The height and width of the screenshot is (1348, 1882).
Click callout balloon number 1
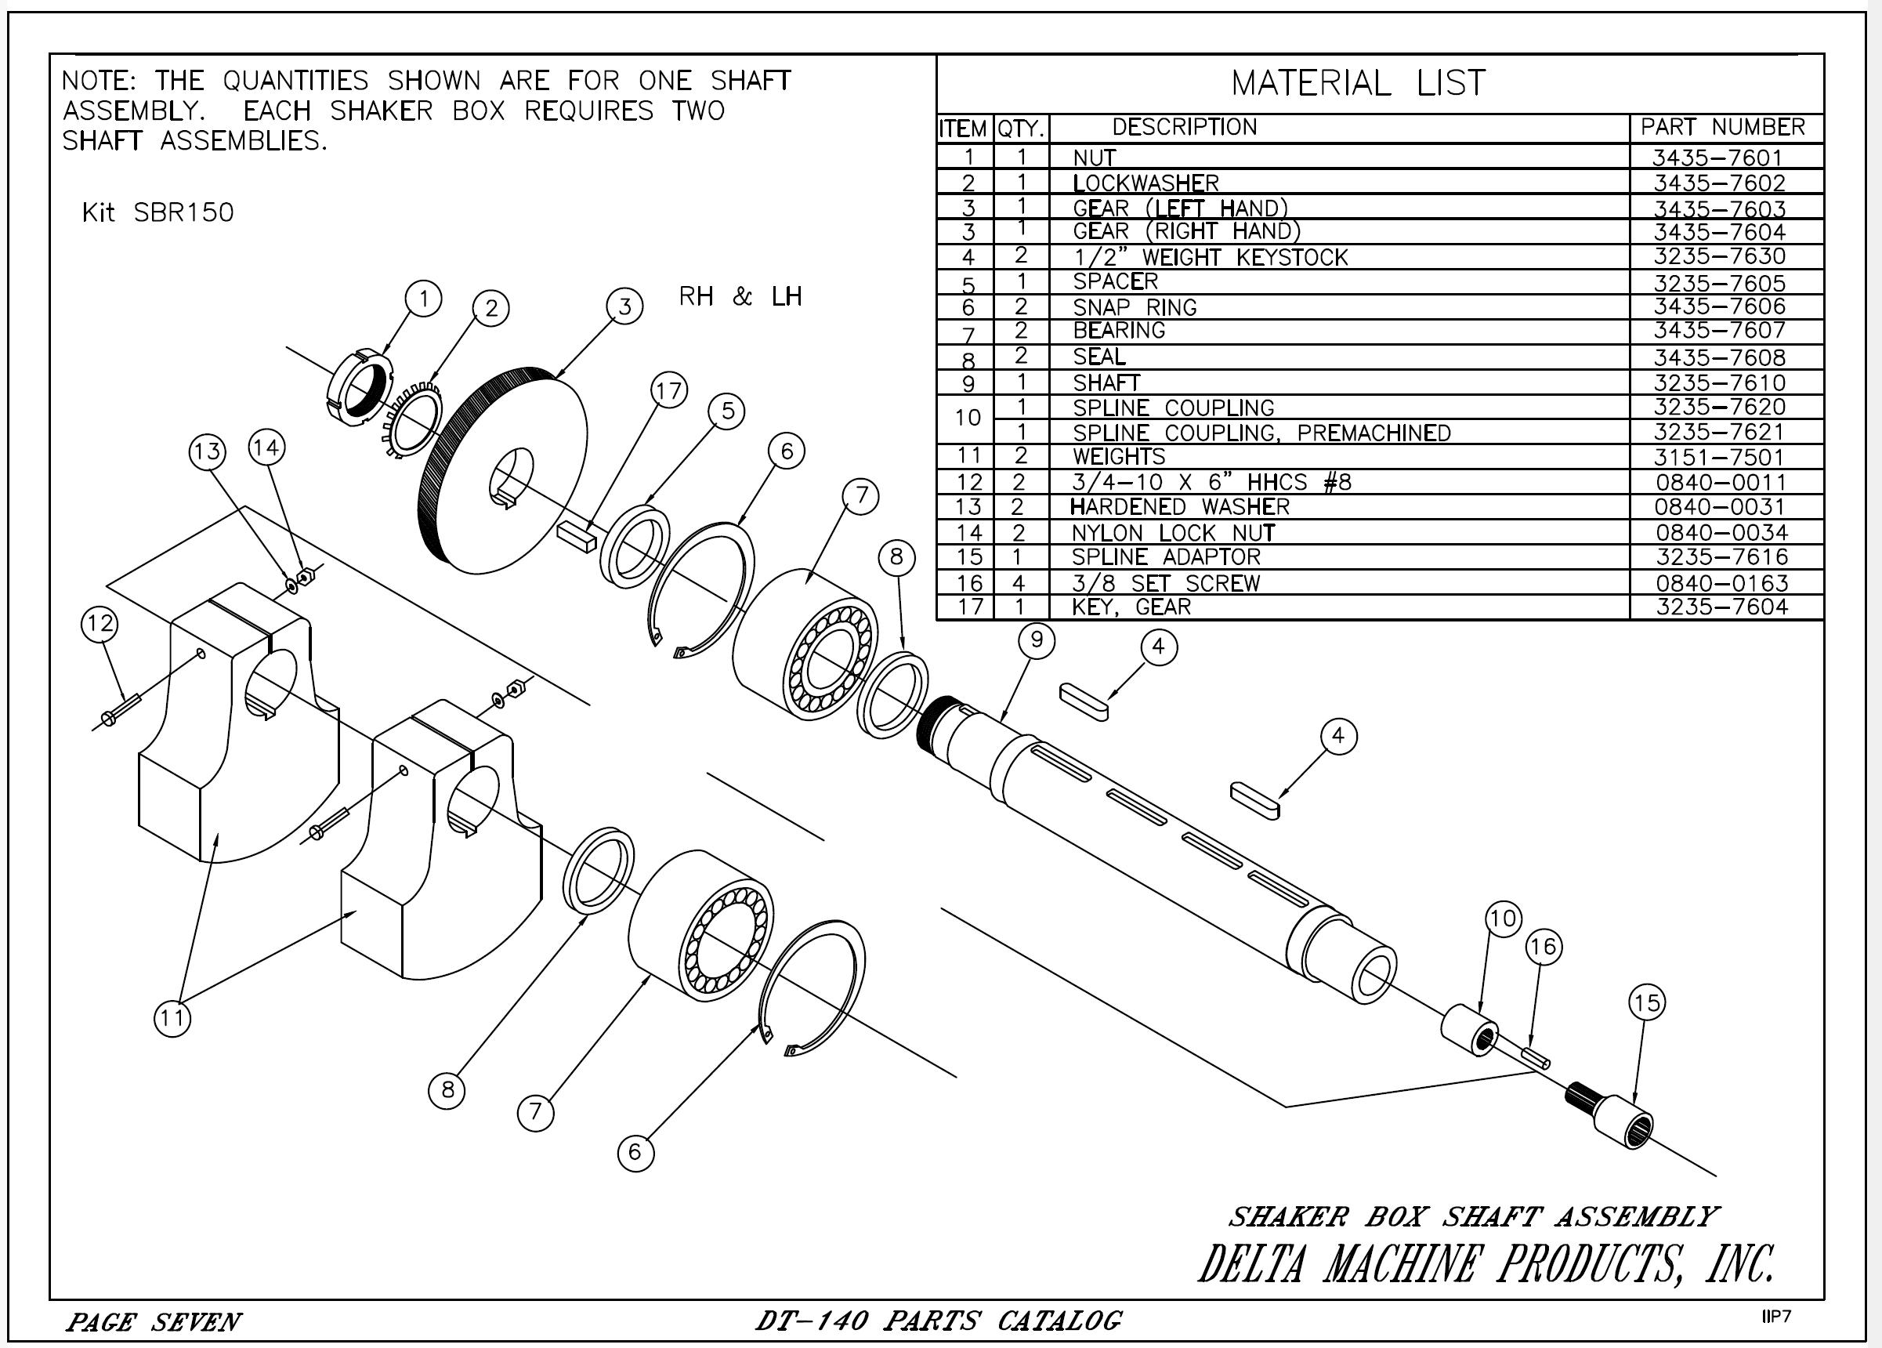[424, 298]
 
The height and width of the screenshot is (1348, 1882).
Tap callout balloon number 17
[669, 390]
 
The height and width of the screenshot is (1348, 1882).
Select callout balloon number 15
[1646, 1002]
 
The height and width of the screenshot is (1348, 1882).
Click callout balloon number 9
[1037, 640]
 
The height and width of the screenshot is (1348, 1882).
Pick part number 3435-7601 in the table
[1717, 158]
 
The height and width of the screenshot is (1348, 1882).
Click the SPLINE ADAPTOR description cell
[1166, 557]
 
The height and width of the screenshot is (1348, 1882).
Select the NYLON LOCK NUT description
[1172, 533]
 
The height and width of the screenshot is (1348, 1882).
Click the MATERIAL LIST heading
[1359, 83]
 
